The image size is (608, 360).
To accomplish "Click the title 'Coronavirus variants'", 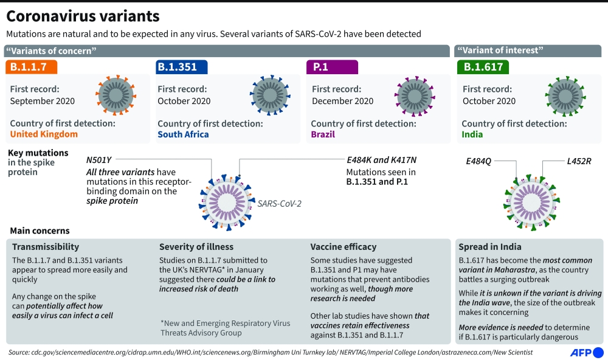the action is pos(83,16).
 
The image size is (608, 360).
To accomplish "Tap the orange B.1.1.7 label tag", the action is pos(32,67).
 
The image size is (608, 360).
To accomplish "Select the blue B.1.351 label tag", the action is pos(181,67).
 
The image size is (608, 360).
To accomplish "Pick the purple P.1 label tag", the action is pos(332,67).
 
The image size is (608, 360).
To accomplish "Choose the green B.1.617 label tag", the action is pos(483,67).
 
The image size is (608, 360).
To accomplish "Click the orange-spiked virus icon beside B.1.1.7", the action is pos(116,95).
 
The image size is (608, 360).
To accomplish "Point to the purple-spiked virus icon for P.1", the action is pos(415,96).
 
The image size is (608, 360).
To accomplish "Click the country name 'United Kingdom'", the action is pos(44,134).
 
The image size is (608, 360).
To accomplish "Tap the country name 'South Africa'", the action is pos(183,134).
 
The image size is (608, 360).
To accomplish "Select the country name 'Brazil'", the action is pos(323,134).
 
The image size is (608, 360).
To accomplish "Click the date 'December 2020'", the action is pos(343,101).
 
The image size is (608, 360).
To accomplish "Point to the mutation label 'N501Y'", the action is pos(99,160).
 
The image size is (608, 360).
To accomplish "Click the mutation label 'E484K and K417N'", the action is pos(382,160).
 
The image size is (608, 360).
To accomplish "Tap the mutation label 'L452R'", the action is pos(579,161).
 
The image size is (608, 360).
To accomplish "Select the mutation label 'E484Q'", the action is pos(478,161).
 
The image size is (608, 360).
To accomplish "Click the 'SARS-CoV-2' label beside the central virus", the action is pos(279,204).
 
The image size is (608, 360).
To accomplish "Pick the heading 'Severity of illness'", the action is pos(196,247).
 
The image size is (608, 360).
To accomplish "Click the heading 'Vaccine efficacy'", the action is pos(344,247).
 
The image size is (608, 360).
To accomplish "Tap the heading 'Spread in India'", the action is pos(490,247).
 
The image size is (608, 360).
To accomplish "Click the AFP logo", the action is pos(587,353).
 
